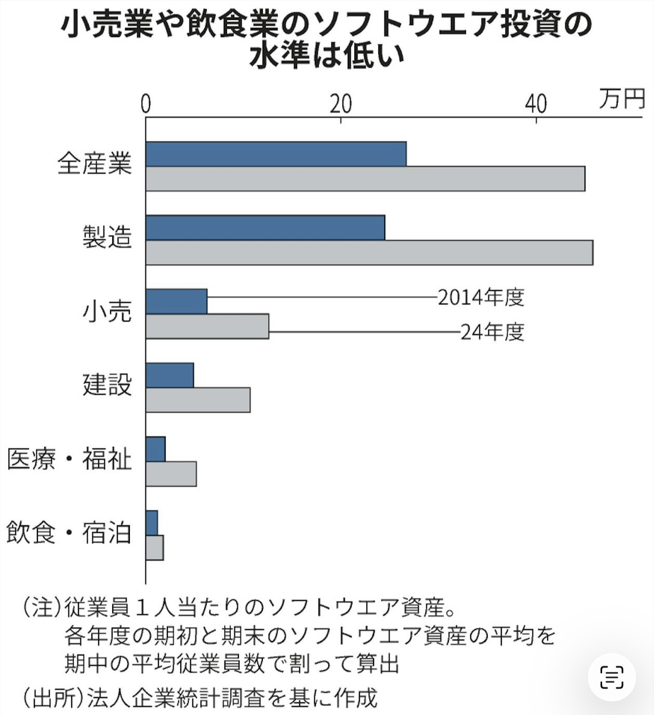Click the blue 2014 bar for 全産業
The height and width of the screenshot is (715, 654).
coord(276,154)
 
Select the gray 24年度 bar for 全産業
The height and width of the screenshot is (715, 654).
coord(365,178)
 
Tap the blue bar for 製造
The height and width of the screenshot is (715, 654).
coord(265,228)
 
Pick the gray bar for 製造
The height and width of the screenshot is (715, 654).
coord(369,252)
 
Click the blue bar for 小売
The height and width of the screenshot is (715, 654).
coord(176,301)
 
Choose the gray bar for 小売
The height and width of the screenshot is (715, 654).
coord(207,326)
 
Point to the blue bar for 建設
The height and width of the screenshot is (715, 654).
coord(170,375)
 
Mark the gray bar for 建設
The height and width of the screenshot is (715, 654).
coord(198,400)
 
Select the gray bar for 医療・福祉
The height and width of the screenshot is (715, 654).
coord(171,473)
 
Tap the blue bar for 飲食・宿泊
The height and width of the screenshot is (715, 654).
coord(152,523)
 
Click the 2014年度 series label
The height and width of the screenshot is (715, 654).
coord(481,297)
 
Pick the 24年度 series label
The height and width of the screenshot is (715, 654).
coord(492,332)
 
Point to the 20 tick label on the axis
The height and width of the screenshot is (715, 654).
coord(340,104)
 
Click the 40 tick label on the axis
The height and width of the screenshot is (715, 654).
coord(535,104)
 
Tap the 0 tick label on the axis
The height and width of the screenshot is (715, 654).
coord(146,104)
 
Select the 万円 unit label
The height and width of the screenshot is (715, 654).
coord(621,99)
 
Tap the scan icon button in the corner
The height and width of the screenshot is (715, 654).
coord(612,677)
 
